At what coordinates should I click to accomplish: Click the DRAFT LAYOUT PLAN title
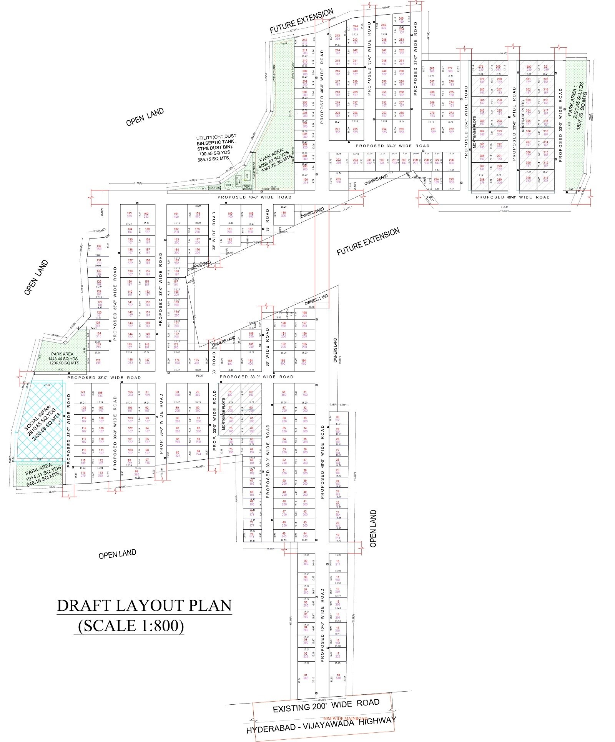144,605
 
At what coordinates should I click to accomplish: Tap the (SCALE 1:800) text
131,626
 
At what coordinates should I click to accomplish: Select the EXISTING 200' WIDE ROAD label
326,705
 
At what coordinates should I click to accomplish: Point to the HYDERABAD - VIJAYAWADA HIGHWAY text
321,725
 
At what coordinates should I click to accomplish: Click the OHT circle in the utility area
228,185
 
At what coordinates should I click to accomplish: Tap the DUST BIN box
214,188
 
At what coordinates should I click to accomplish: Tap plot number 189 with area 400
284,214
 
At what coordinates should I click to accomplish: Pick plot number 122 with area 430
98,362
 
